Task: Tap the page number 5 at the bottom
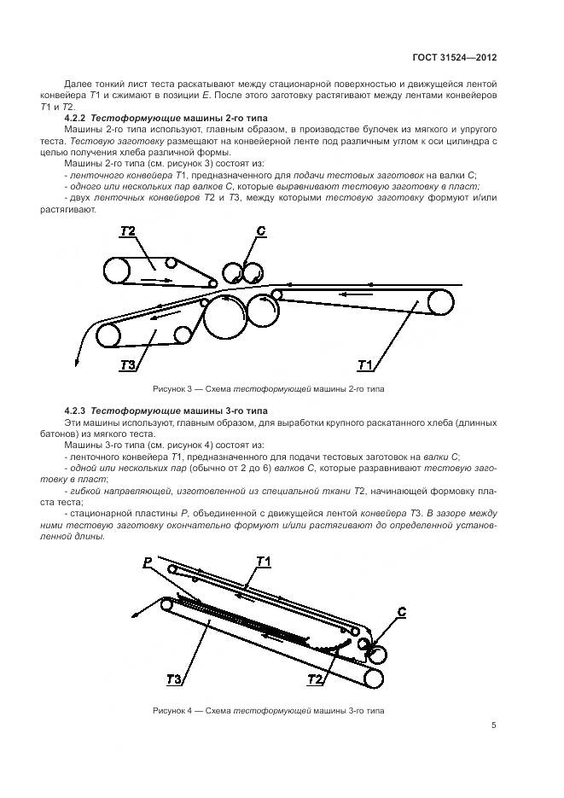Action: pos(494,725)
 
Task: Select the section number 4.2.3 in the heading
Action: pos(77,411)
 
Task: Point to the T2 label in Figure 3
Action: pos(128,232)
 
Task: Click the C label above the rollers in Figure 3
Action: pos(262,231)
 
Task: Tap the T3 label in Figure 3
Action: pos(129,365)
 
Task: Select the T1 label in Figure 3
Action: pos(365,365)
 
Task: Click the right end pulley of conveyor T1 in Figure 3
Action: pos(440,303)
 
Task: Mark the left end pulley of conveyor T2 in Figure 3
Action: pos(117,271)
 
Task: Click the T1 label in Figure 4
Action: pos(264,561)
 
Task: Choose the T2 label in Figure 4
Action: pos(315,680)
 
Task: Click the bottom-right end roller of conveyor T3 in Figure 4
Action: pos(372,677)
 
